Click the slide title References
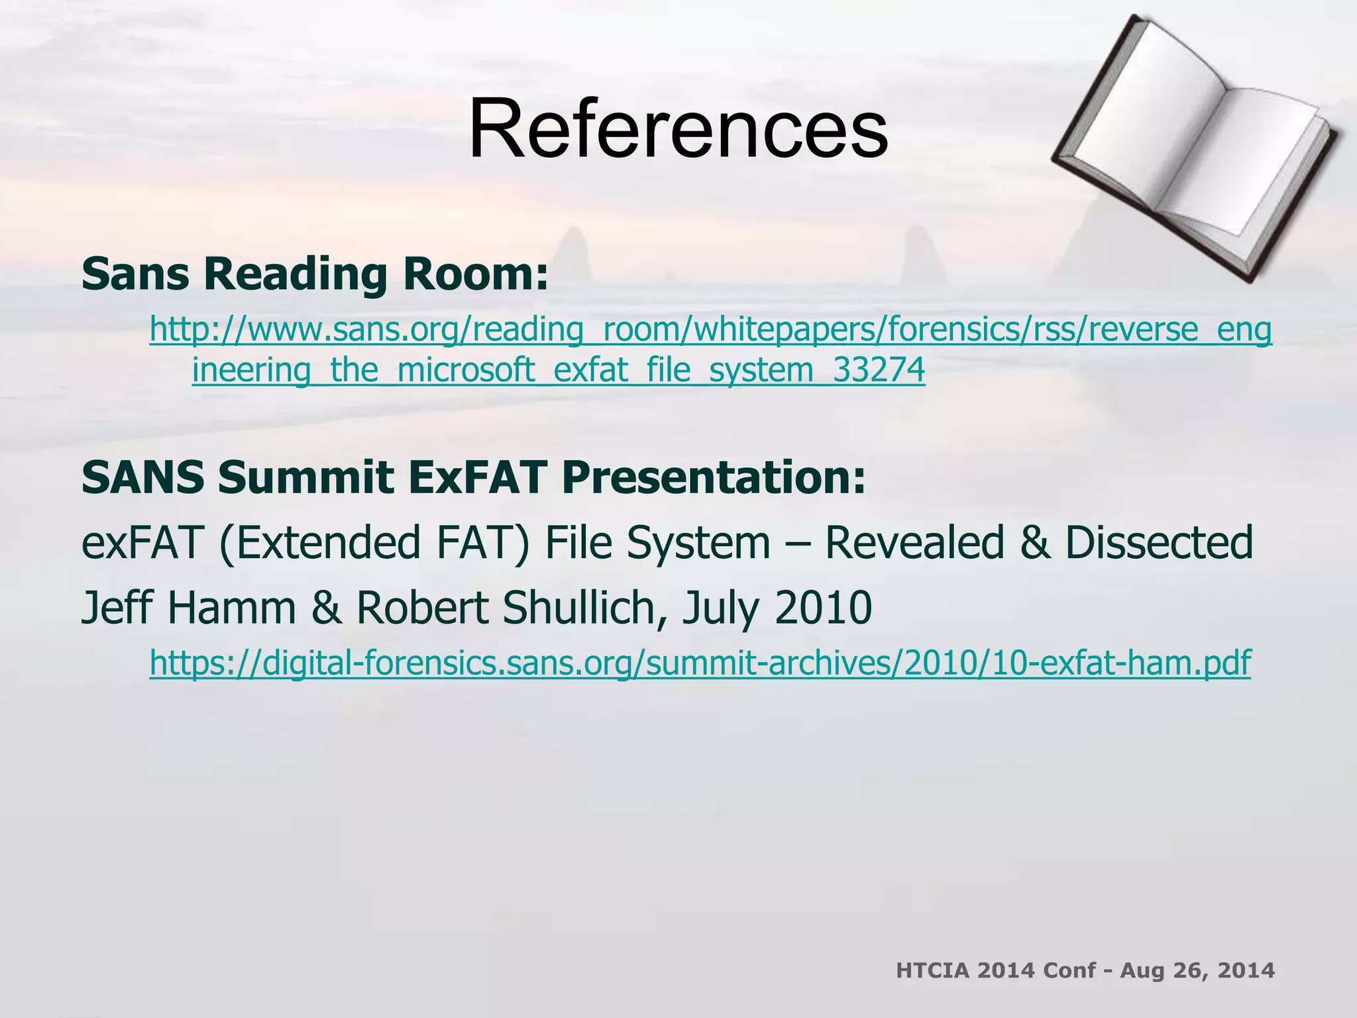point(678,129)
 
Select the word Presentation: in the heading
point(714,477)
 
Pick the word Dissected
point(1159,542)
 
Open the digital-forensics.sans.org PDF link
point(700,662)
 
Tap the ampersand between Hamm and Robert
point(326,608)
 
